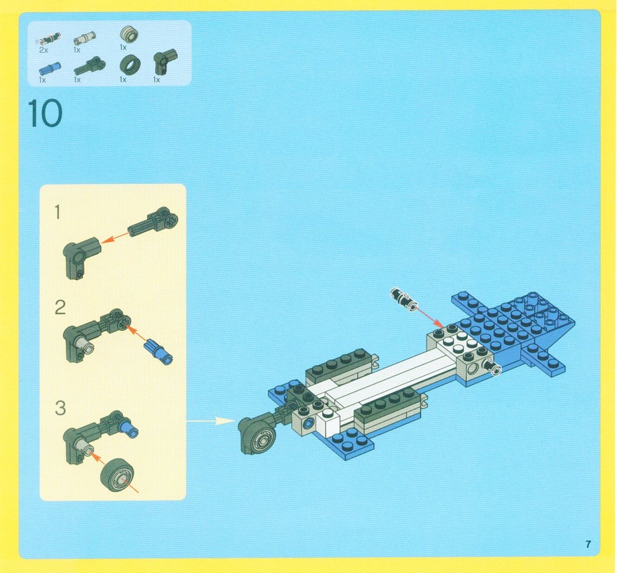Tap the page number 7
pyautogui.click(x=588, y=544)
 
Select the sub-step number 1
pyautogui.click(x=57, y=212)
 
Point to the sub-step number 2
pyautogui.click(x=59, y=308)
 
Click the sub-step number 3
pyautogui.click(x=60, y=408)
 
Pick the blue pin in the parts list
pyautogui.click(x=49, y=69)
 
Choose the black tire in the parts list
pyautogui.click(x=130, y=65)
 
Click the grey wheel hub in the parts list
pyautogui.click(x=128, y=35)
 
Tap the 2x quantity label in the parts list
pyautogui.click(x=43, y=50)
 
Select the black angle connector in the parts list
pyautogui.click(x=164, y=61)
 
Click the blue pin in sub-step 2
pyautogui.click(x=158, y=352)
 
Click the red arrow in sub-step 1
pyautogui.click(x=115, y=237)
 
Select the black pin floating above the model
pyautogui.click(x=404, y=299)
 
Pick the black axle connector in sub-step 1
pyautogui.click(x=154, y=221)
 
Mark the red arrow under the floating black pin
pyautogui.click(x=429, y=316)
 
